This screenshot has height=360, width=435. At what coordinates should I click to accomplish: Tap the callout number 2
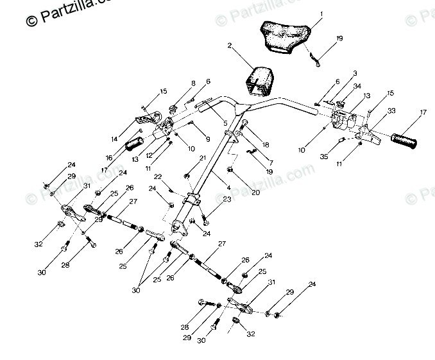point(230,46)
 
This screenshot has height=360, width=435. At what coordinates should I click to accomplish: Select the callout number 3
point(355,74)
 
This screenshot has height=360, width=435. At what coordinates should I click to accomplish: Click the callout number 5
point(225,123)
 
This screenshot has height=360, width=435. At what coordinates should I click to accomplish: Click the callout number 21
point(203,157)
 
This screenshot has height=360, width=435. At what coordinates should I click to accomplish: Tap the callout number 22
point(157,176)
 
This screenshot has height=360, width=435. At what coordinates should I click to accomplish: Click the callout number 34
point(357,85)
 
